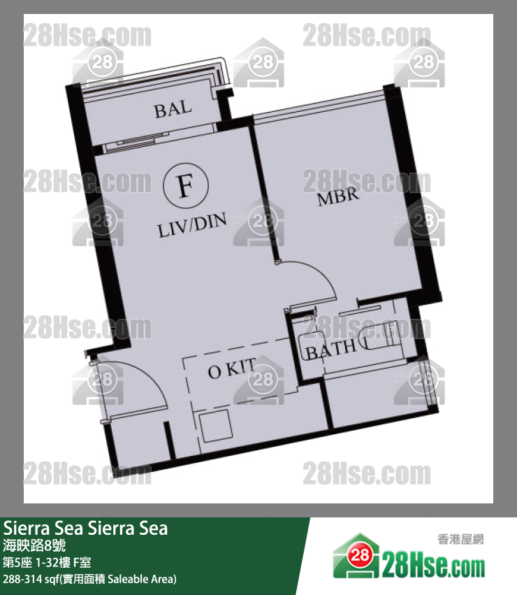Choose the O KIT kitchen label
231,371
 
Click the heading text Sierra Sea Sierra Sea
86,528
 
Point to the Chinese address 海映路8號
35,545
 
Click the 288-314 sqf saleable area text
89,579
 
